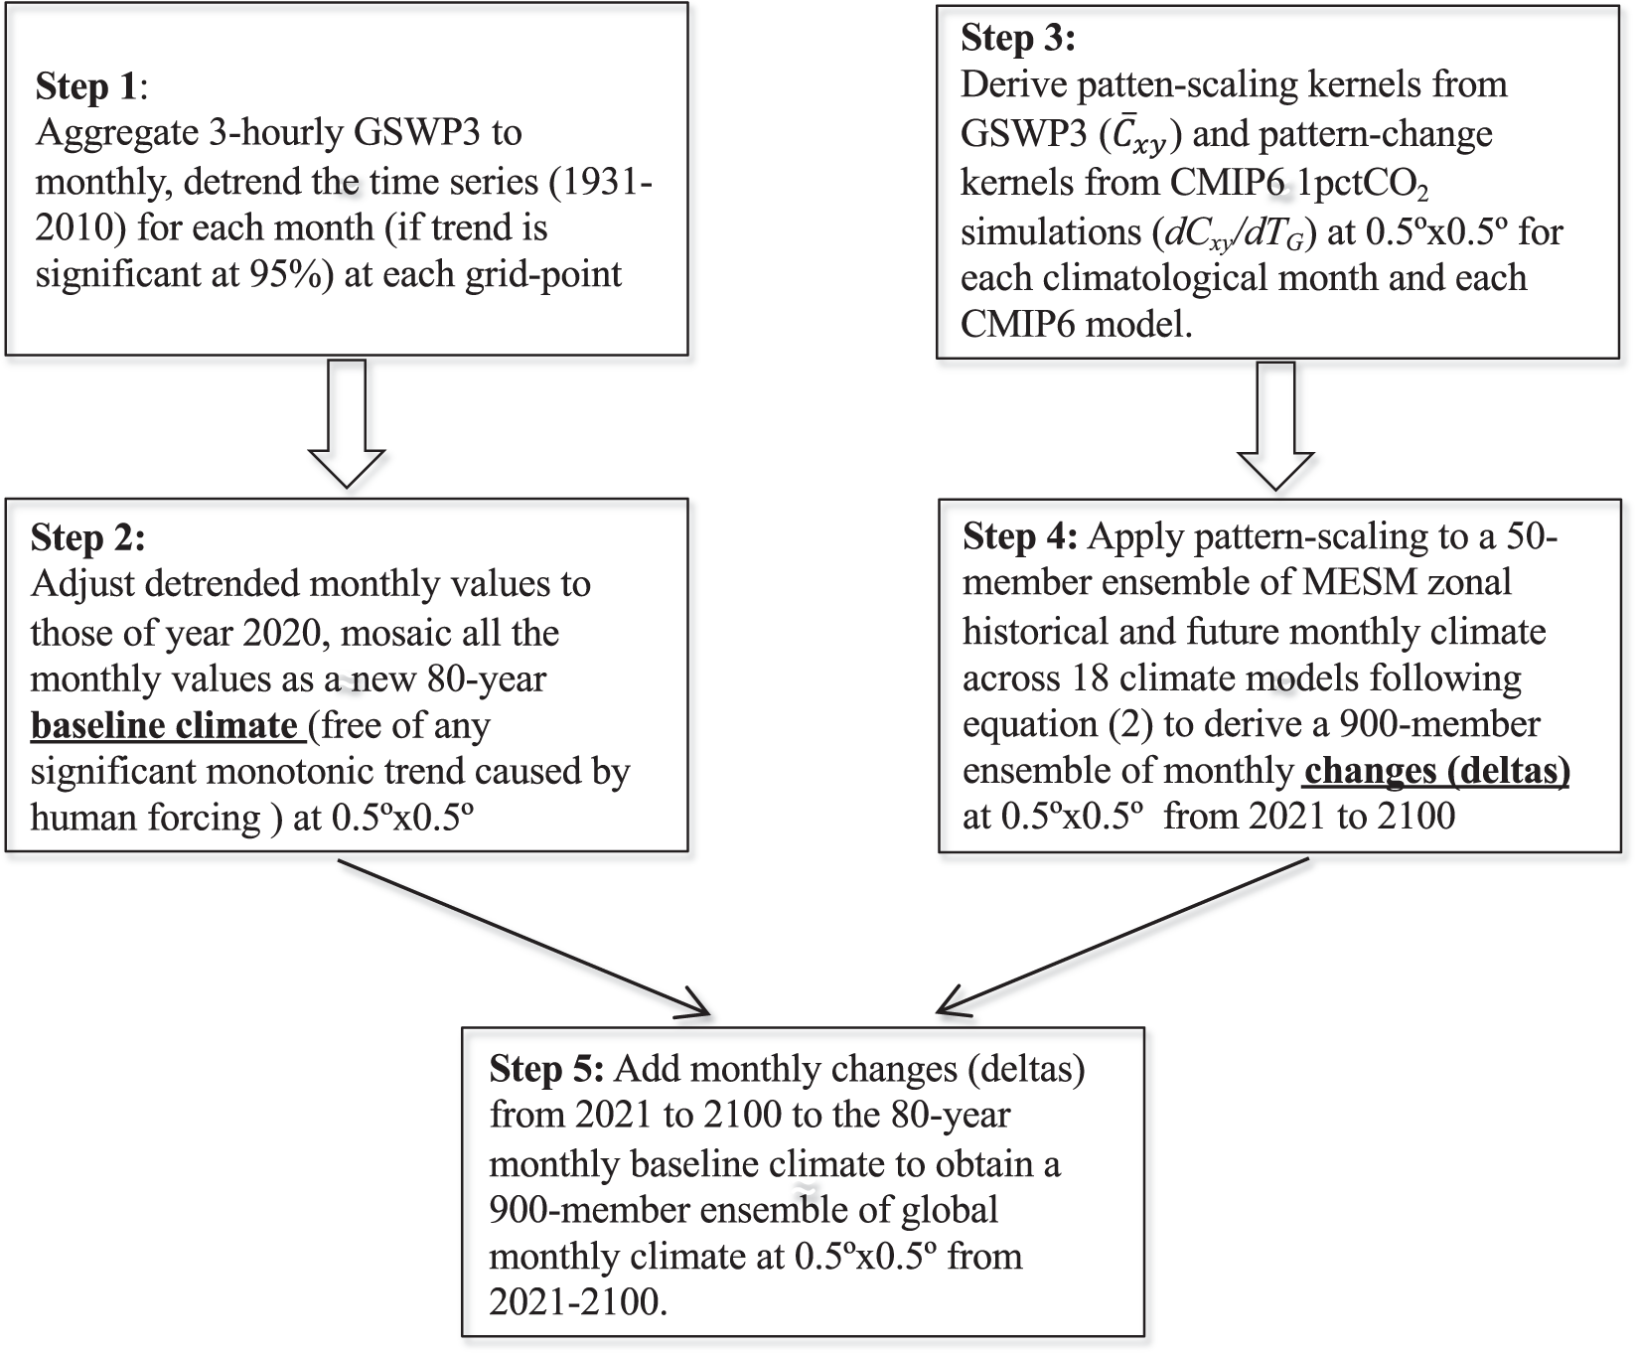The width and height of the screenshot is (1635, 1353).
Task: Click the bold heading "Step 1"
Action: [x=85, y=87]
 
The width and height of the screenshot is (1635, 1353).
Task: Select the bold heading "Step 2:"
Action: [x=87, y=537]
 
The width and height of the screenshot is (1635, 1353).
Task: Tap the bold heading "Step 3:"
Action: [x=1017, y=39]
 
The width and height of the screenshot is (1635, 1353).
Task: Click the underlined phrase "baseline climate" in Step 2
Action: [x=165, y=725]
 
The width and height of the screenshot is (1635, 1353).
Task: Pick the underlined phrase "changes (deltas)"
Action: [x=1435, y=771]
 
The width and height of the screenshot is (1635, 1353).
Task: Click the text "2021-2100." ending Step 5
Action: [x=577, y=1303]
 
